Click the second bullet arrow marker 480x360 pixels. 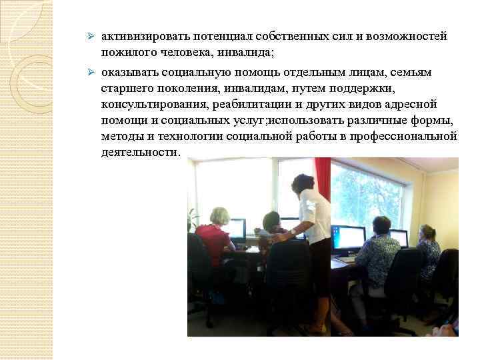[x=93, y=72]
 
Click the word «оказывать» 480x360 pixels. [x=128, y=72]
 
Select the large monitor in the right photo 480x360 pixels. [x=347, y=237]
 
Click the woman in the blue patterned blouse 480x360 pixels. [x=379, y=257]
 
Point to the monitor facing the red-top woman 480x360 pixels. [x=237, y=229]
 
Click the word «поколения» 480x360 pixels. [x=182, y=88]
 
